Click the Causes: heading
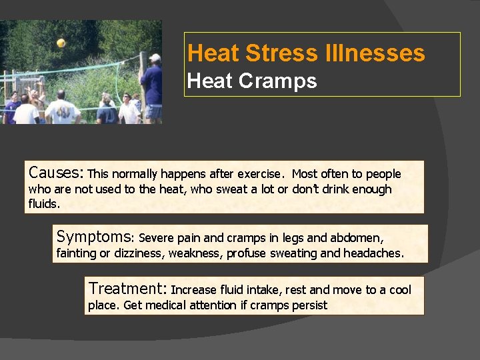click(56, 173)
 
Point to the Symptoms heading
click(95, 237)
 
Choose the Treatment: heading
click(128, 289)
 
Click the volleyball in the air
click(61, 43)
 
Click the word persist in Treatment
click(309, 305)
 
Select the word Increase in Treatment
click(195, 290)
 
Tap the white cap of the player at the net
click(155, 58)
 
